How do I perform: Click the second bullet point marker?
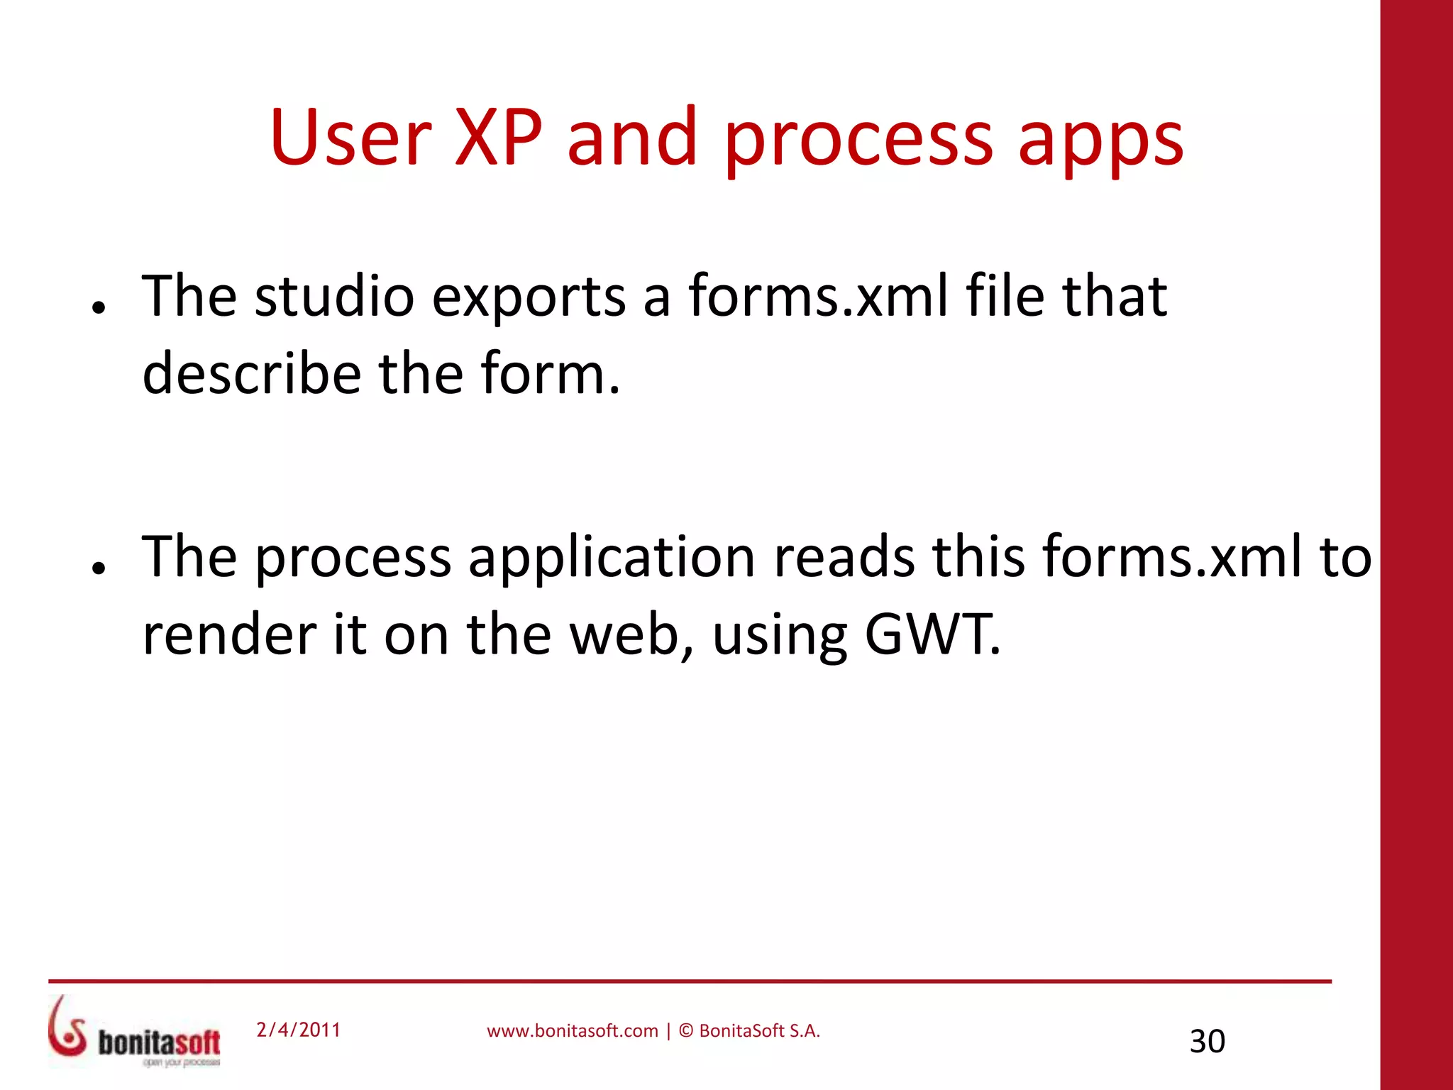99,567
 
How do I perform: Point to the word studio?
334,296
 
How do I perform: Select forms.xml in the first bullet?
817,296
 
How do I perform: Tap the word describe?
252,373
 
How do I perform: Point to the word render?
229,635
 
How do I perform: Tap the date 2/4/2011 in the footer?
298,1030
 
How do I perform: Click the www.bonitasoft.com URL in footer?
572,1031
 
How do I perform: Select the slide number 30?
1207,1042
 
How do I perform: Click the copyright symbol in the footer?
685,1031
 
